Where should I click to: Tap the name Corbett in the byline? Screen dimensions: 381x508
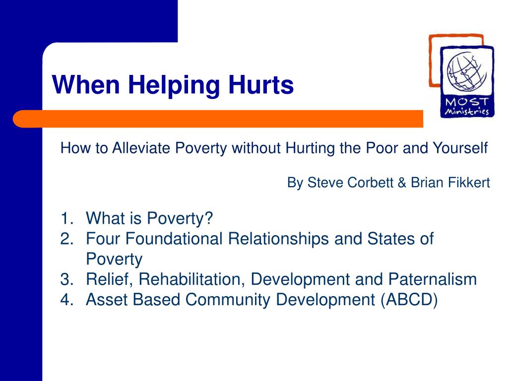368,183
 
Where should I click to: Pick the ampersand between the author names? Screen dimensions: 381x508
401,183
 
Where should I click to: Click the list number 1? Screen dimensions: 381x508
65,218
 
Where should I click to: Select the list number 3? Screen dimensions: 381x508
65,279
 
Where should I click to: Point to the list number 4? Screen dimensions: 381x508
65,300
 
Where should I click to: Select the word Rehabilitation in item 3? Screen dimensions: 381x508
192,279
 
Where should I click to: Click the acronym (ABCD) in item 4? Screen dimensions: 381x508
409,300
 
